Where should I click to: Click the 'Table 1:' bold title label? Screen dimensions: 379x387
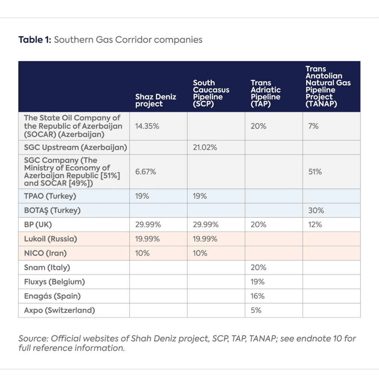coord(35,40)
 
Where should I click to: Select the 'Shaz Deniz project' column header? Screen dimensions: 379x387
coord(156,100)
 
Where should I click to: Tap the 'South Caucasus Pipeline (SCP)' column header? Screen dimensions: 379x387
coord(211,93)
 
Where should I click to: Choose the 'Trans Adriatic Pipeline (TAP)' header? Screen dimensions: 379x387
coord(266,93)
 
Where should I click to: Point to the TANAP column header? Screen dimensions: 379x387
coord(328,87)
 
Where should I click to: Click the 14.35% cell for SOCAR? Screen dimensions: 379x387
coord(147,126)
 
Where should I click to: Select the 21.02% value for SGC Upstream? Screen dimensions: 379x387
coord(205,147)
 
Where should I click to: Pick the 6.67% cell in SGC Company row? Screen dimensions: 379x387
coord(145,172)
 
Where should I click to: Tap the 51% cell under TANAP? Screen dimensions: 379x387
coord(315,172)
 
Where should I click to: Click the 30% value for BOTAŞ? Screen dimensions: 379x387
coord(316,210)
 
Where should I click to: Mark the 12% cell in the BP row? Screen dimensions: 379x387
coord(315,224)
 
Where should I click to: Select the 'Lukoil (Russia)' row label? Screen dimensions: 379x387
coord(51,239)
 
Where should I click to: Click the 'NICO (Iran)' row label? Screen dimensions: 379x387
coord(45,253)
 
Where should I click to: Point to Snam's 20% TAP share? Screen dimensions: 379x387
coord(259,268)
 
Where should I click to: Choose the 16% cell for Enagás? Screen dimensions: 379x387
coord(257,296)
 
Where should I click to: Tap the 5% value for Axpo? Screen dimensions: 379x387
coord(256,311)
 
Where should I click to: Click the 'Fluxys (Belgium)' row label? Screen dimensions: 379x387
coord(54,282)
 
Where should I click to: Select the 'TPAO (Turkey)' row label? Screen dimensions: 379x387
coord(50,196)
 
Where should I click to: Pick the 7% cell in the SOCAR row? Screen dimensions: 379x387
coord(313,126)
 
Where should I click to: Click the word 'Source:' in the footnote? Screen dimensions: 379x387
coord(33,338)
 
